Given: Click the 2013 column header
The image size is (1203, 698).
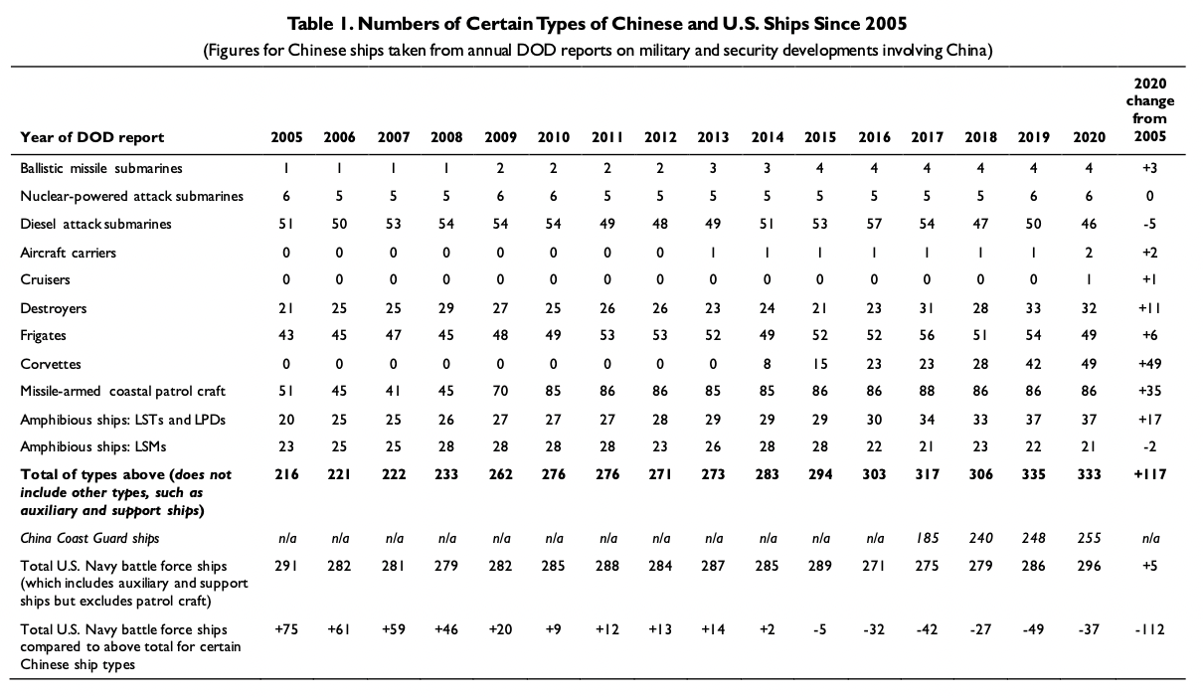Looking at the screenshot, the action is [713, 137].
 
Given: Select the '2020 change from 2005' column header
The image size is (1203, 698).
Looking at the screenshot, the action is [1150, 109].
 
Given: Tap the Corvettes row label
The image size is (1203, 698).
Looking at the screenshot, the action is [51, 364].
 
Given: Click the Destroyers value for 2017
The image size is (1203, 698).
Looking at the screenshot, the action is [927, 308].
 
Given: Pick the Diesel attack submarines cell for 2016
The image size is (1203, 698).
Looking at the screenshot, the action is [874, 224].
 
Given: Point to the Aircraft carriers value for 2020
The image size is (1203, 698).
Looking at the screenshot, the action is [1089, 253].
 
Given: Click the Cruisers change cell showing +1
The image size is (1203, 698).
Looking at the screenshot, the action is [1150, 279].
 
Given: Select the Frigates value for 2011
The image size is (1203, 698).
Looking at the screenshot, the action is [606, 335].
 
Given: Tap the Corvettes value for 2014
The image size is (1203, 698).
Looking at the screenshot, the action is [767, 364].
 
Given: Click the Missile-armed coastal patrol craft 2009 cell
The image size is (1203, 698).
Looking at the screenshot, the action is [500, 391].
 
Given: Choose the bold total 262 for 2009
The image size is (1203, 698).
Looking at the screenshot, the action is [500, 474].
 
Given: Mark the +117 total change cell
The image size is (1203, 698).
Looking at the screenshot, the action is [1150, 474].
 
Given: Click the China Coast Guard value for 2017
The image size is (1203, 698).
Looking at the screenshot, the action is [927, 538].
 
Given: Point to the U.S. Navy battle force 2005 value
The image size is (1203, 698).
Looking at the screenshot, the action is [286, 566].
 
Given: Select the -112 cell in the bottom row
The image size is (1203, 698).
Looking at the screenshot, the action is [1150, 629].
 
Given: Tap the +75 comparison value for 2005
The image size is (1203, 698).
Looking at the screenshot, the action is [286, 629].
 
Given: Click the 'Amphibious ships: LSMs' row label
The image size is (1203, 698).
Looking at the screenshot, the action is [92, 446].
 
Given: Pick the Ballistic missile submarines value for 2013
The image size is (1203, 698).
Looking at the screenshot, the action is [713, 168].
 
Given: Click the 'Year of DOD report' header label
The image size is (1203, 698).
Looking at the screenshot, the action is [91, 137].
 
